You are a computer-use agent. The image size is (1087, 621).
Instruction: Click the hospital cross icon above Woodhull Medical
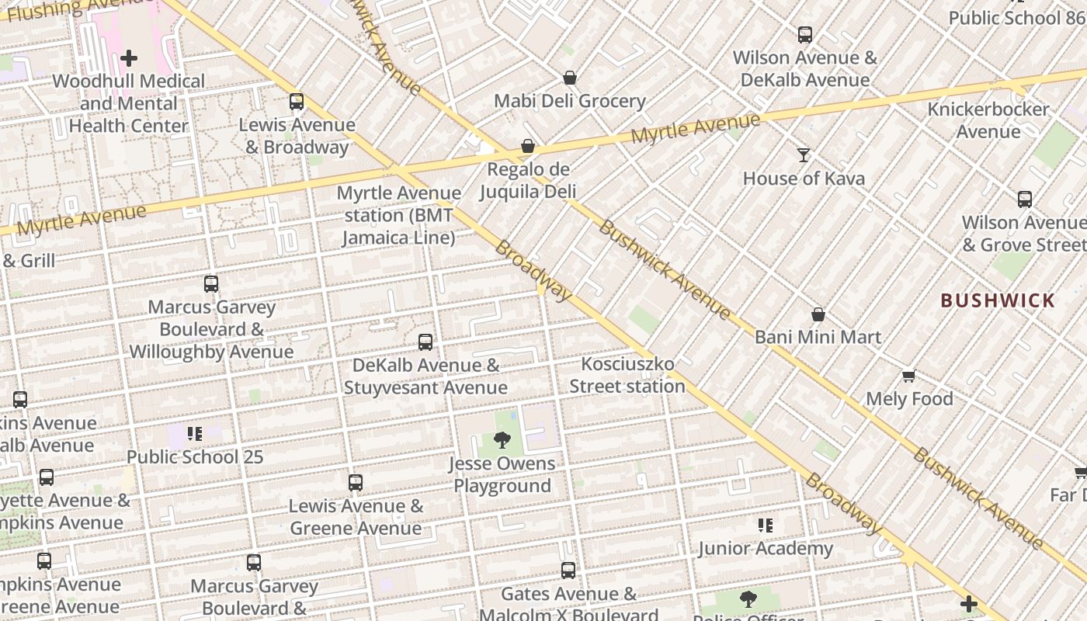coord(129,57)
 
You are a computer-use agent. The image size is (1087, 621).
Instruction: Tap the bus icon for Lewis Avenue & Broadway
coord(297,101)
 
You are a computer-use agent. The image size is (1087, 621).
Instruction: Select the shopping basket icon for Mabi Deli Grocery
coord(570,78)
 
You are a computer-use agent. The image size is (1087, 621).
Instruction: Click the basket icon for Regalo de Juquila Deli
coord(528,146)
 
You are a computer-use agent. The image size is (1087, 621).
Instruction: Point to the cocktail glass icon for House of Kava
coord(804,155)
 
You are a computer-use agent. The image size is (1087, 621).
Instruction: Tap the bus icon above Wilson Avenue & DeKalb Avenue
coord(805,34)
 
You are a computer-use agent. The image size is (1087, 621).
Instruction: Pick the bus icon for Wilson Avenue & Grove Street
coord(1025,199)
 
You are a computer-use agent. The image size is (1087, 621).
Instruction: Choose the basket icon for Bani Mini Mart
coord(818,314)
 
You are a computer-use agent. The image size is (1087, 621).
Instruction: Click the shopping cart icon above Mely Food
coord(909,376)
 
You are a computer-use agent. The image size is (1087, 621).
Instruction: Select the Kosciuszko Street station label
coord(627,375)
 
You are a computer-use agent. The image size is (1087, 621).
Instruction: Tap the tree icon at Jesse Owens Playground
coord(502,440)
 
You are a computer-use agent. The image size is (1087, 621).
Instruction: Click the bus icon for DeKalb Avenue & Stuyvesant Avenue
coord(425,342)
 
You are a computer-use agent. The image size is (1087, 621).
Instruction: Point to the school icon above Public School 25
coord(195,433)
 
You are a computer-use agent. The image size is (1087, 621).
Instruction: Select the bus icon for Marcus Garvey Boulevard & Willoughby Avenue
coord(211,283)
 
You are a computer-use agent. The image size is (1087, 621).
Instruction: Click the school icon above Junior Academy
coord(766,526)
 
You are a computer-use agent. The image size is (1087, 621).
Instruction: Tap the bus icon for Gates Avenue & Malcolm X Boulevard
coord(568,571)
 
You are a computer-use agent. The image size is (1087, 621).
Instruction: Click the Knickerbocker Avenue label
coord(988,120)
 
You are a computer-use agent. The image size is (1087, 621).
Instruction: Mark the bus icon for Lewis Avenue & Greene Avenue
coord(356,483)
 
